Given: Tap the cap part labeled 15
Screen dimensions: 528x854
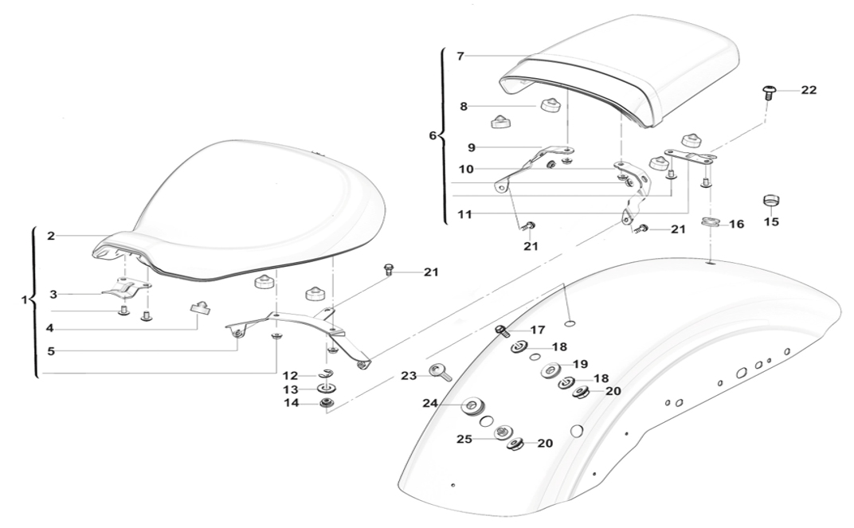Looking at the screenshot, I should coord(770,199).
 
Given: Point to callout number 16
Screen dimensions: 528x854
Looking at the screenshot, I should coord(736,225).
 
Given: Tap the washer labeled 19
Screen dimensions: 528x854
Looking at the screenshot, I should coord(550,371).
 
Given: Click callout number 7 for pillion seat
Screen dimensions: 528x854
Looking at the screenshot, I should coord(460,56).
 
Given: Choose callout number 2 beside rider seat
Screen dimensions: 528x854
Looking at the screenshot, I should coord(50,237).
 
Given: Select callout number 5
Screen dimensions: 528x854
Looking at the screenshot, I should coord(50,350).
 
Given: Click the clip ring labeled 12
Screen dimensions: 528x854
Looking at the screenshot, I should coord(326,373).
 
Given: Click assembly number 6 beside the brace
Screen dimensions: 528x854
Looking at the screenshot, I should coord(433,136).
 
